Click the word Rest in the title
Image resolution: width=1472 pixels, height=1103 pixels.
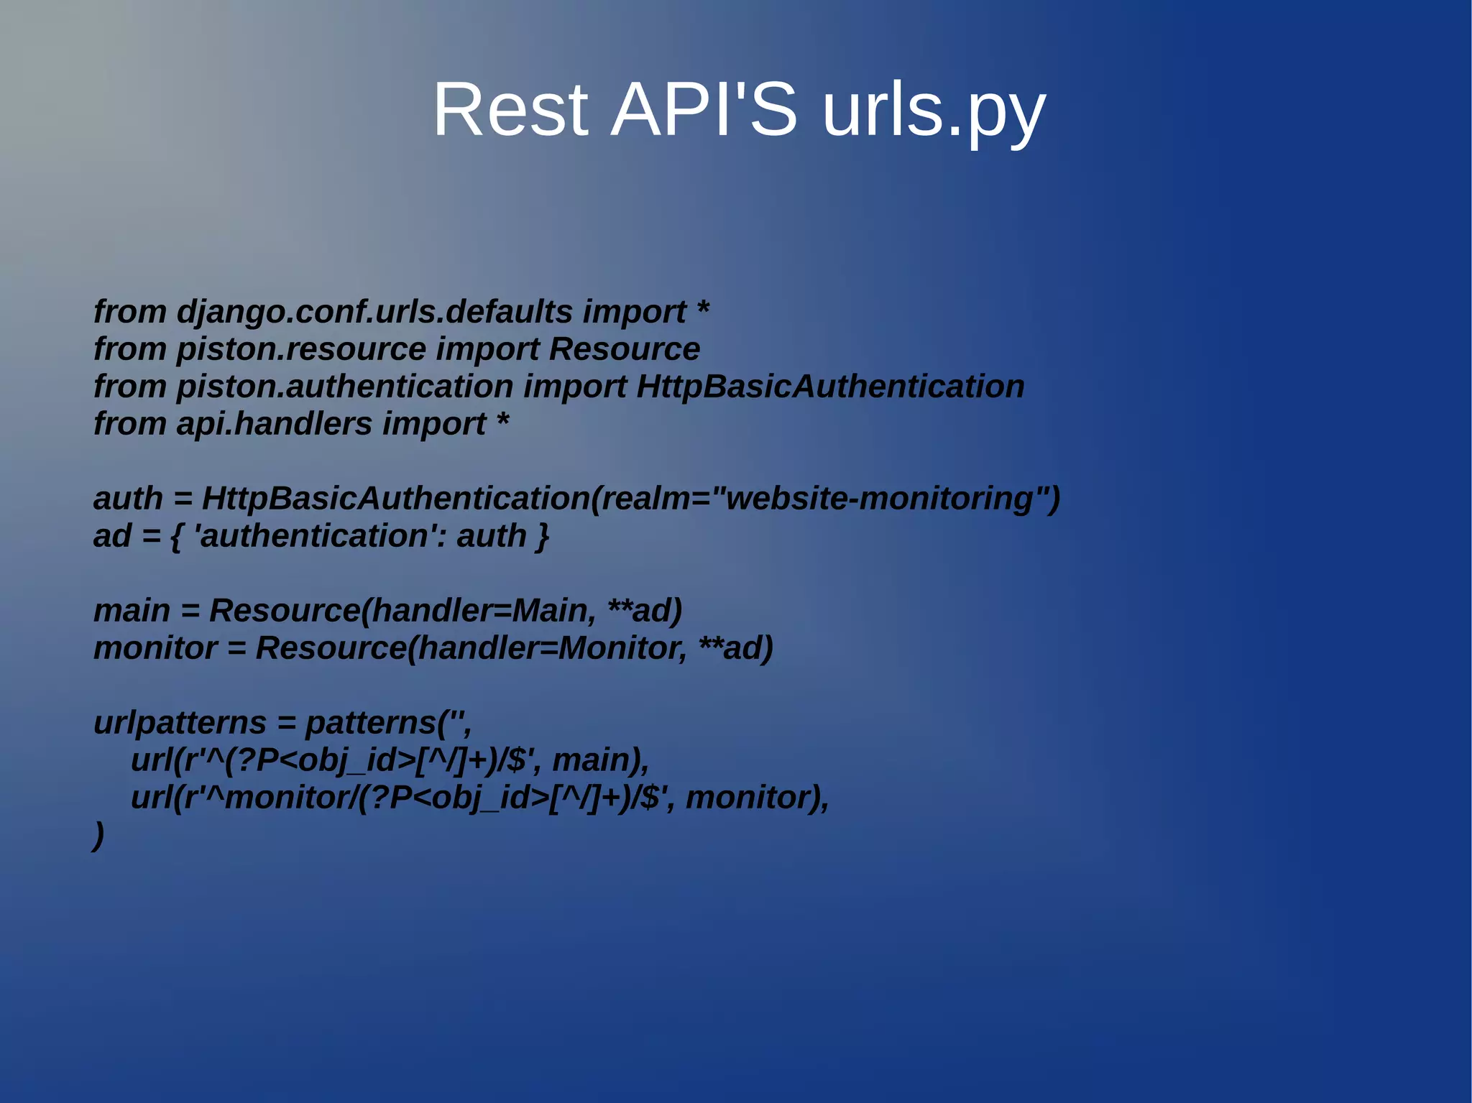tap(510, 110)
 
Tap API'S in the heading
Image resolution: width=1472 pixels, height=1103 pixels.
tap(704, 110)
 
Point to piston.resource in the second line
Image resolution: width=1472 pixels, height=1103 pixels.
tap(301, 349)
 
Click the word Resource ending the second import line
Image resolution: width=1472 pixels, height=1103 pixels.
tap(624, 349)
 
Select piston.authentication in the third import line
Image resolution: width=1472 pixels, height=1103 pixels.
tap(344, 387)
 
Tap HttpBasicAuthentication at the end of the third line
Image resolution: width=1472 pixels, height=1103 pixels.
tap(830, 387)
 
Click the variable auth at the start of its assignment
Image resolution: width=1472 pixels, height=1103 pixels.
tap(128, 499)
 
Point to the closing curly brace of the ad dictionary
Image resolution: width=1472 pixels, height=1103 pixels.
tap(543, 536)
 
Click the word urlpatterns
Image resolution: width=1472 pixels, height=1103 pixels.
tap(180, 723)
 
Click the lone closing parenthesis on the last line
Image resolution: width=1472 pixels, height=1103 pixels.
tap(99, 835)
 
